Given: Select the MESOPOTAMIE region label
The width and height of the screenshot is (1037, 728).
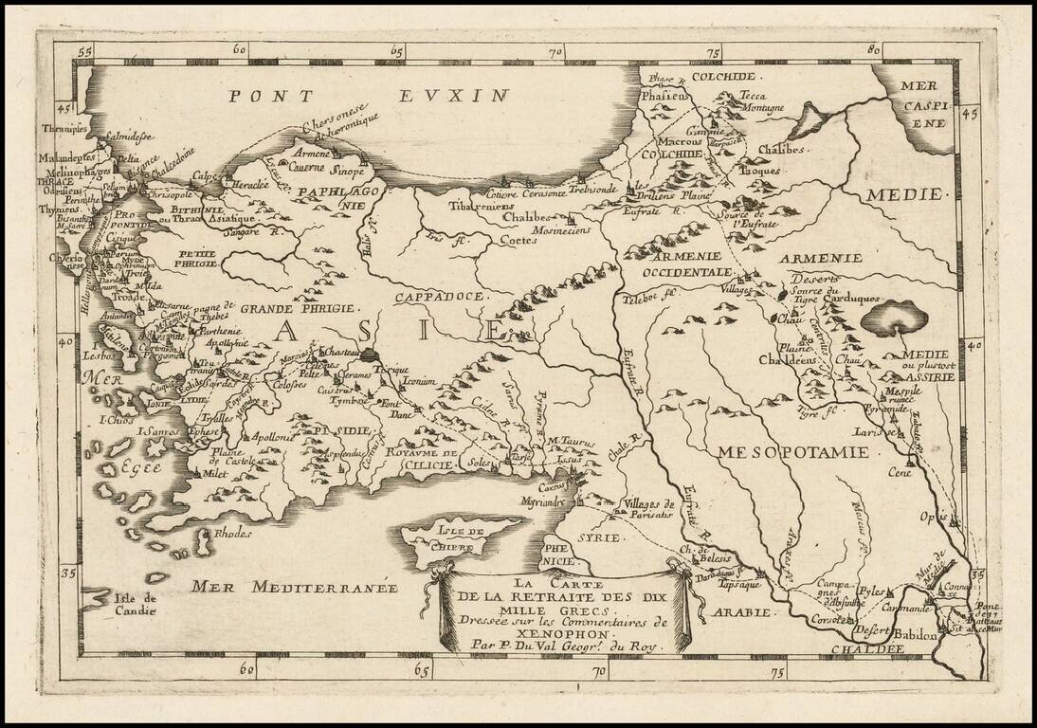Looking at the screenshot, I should click(792, 451).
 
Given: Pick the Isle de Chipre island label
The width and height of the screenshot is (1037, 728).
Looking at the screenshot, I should click(462, 537).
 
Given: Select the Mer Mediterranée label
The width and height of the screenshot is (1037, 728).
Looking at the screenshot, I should click(295, 587).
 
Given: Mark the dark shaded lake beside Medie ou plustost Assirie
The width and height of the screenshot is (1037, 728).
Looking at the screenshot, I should click(894, 317).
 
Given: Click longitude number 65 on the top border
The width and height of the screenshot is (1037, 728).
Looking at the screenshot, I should click(396, 50).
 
